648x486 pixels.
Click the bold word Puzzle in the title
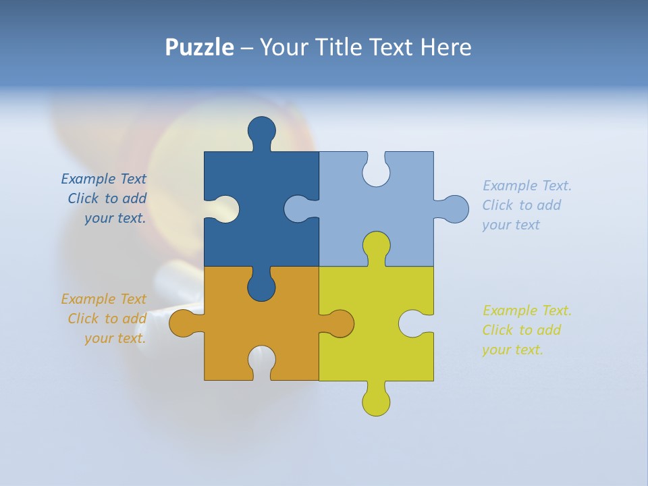coord(199,47)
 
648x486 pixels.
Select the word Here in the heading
coord(446,47)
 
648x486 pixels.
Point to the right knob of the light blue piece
coord(454,209)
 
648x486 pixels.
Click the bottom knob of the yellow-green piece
coord(376,401)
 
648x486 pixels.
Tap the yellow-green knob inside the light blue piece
coord(376,246)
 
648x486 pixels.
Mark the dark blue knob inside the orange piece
coord(261,286)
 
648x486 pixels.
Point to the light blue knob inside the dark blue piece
coord(298,209)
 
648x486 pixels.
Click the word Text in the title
coord(391,47)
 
